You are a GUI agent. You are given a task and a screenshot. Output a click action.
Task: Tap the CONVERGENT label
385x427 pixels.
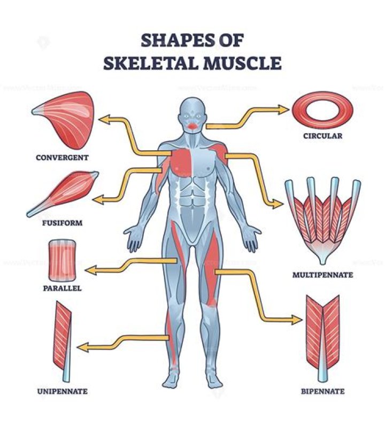pos(62,157)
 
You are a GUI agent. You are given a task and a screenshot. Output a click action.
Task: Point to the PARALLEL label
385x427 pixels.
pos(62,288)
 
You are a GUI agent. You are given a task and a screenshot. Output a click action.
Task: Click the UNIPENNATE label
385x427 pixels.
pos(62,392)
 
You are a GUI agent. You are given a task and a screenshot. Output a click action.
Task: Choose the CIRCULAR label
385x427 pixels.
pos(322,136)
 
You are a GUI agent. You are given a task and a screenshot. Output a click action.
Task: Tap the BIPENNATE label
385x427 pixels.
pos(322,392)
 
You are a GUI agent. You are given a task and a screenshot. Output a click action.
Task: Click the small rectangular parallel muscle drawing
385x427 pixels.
pos(62,260)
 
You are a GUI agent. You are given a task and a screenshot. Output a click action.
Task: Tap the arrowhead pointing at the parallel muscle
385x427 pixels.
pos(91,270)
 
